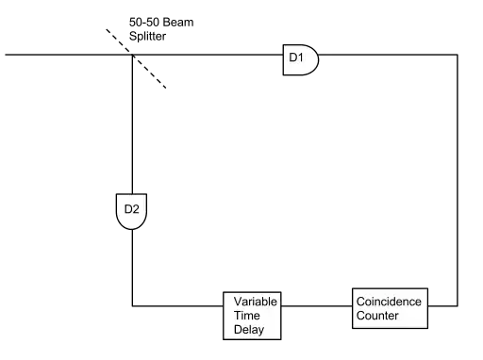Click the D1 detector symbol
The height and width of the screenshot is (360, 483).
point(301,59)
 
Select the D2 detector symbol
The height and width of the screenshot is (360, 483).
point(131,211)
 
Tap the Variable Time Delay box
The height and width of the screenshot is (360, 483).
point(252,316)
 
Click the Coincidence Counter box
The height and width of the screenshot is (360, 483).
point(390,308)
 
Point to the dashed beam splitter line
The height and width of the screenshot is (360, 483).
point(136,58)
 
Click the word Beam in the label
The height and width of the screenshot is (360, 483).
point(178,23)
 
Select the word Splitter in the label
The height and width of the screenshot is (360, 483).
point(147,36)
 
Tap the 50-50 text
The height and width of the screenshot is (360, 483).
point(144,23)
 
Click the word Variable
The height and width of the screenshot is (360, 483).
point(256,302)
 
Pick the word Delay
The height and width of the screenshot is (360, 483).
point(249,330)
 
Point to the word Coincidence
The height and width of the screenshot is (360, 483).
point(389,302)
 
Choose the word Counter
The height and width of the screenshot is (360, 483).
point(377,316)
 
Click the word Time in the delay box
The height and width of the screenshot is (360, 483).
point(247,316)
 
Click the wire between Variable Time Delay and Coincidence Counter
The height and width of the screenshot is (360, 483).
point(317,305)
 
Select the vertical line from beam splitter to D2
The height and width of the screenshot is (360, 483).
point(132,124)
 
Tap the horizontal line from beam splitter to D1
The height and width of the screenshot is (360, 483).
point(208,55)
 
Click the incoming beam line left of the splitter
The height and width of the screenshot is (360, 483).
point(69,55)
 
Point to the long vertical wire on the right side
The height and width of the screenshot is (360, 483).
point(458,180)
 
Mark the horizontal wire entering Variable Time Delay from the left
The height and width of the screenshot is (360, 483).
point(177,305)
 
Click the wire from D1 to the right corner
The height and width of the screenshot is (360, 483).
point(388,55)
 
